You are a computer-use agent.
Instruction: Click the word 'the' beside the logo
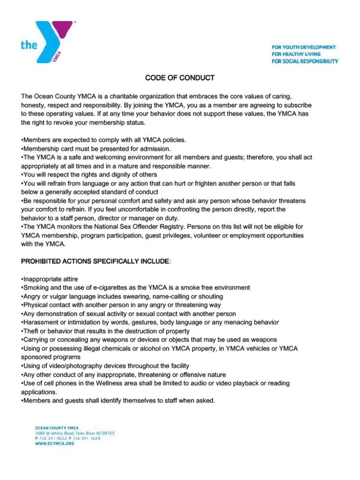(29, 45)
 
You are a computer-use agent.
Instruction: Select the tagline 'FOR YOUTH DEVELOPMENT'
(304, 47)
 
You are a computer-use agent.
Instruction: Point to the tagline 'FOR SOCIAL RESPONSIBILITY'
(305, 61)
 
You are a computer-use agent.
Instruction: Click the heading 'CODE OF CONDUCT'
(180, 78)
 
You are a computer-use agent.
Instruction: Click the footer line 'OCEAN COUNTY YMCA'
(57, 427)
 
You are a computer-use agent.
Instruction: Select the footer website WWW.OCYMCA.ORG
(54, 444)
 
